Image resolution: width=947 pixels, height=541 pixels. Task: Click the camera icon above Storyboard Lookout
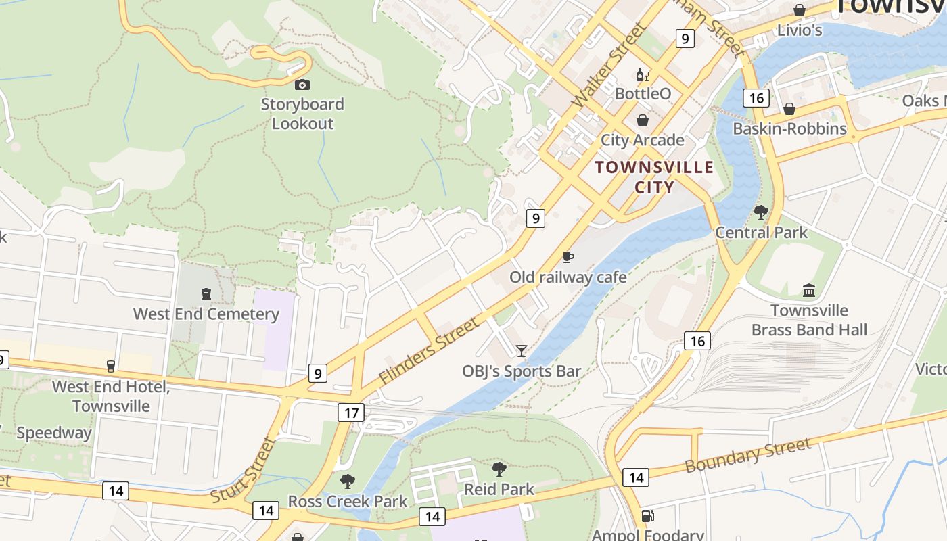(x=302, y=85)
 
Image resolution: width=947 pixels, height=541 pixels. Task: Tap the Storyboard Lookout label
(x=302, y=114)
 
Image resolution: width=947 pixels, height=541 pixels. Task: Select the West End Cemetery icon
(x=206, y=294)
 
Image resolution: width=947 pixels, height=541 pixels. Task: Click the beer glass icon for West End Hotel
(x=111, y=367)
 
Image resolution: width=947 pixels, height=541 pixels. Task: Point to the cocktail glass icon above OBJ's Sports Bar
(x=521, y=350)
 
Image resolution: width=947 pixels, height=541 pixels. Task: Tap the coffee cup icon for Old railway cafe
(x=568, y=257)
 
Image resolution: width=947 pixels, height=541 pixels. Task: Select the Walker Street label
(x=608, y=65)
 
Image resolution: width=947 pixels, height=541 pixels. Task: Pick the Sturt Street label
(x=243, y=470)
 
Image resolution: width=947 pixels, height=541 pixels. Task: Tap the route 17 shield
(x=350, y=412)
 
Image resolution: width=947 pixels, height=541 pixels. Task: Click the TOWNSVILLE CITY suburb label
(x=654, y=177)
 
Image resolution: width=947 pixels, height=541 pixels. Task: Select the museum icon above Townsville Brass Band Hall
(x=808, y=291)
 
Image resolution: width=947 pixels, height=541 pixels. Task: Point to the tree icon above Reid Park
(x=499, y=469)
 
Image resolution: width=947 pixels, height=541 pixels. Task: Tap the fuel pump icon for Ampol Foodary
(x=647, y=516)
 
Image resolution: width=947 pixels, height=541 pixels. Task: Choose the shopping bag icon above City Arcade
(x=642, y=120)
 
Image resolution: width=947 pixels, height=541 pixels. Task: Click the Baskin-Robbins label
(x=789, y=128)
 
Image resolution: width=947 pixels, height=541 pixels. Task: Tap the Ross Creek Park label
(x=348, y=501)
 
